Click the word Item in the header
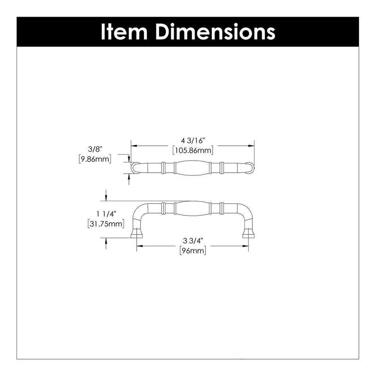point(125,32)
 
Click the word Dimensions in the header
point(215,32)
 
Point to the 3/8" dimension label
point(96,150)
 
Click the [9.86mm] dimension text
point(95,159)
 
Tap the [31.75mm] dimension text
point(106,223)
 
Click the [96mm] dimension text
point(193,251)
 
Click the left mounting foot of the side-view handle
point(137,233)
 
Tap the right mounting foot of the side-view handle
point(248,233)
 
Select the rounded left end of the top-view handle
point(135,168)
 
